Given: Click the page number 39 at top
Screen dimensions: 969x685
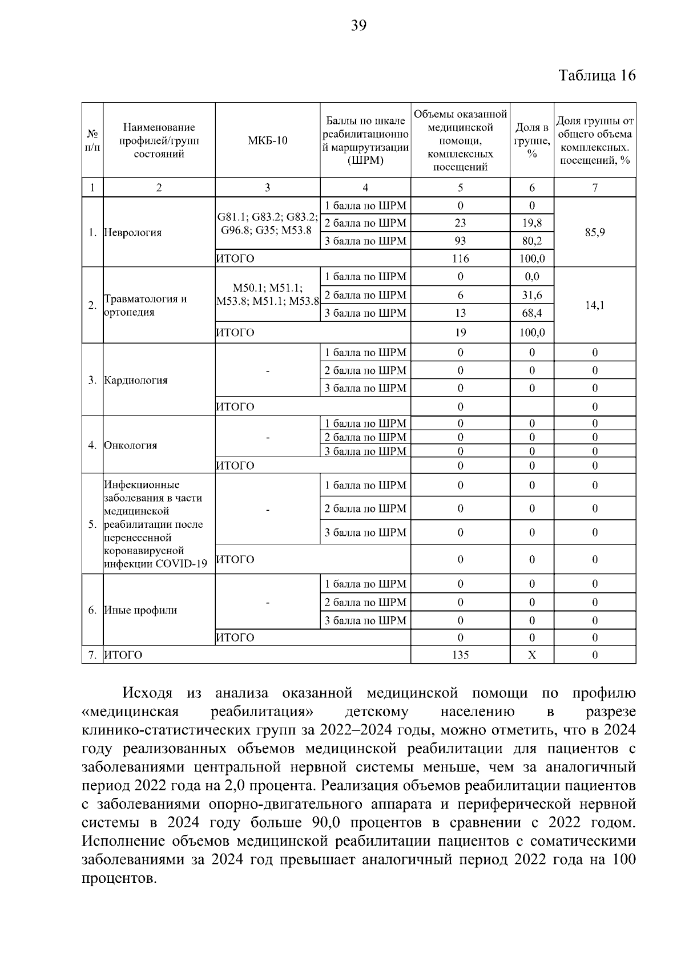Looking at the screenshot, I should point(358,25).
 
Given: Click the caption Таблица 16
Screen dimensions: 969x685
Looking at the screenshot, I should point(597,75).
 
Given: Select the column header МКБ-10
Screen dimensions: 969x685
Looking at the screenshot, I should point(267,140).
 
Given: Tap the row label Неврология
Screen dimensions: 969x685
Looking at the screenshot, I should point(133,233).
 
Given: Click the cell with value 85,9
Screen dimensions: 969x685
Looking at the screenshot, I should point(594,232).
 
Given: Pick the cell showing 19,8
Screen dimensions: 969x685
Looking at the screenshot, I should point(531,223).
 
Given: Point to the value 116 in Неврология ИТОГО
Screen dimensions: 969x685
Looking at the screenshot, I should point(460,259).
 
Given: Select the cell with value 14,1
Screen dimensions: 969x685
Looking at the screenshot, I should point(594,305).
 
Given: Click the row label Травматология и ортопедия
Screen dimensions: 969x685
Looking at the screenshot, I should point(146,305).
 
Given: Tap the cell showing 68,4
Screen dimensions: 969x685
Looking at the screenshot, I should point(531,313).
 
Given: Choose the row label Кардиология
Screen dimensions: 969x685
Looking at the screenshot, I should point(136,381).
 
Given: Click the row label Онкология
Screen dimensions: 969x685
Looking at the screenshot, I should point(131,446).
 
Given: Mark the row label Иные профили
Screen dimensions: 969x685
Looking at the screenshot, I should point(140,611).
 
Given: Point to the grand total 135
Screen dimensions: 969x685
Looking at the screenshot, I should point(460,655).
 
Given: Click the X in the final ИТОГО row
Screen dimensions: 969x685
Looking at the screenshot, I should point(531,655).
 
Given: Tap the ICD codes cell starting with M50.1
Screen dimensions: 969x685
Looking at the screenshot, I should point(267,294).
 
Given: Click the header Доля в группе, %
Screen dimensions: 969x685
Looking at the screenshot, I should point(531,140).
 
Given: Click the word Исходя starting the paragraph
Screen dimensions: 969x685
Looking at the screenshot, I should point(147,693).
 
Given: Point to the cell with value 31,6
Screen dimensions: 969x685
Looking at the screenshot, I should point(531,295).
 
